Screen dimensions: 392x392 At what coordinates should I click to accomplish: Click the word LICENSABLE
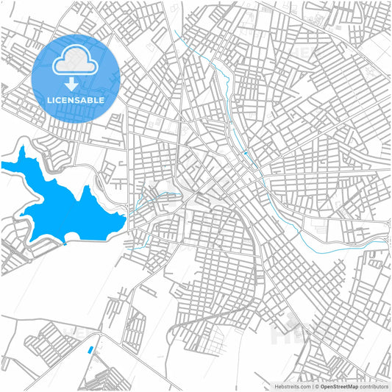[76, 99]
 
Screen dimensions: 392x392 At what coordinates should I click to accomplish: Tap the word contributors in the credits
[374, 386]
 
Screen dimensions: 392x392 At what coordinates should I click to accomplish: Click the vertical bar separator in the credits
[311, 386]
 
